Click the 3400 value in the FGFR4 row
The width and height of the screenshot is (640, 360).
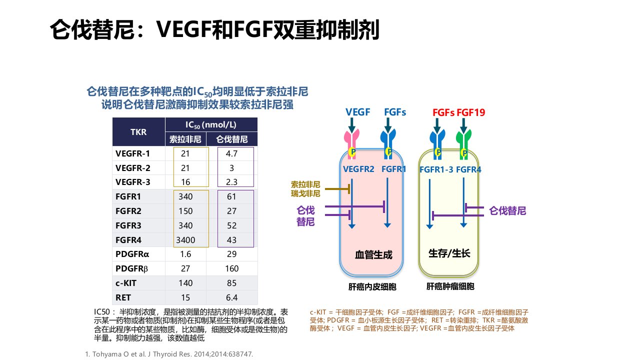(x=185, y=240)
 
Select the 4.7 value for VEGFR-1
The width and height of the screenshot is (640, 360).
(x=231, y=153)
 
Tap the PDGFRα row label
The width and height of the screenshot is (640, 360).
(x=132, y=254)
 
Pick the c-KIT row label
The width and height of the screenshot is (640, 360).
(x=126, y=283)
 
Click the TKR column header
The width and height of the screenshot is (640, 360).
(x=138, y=132)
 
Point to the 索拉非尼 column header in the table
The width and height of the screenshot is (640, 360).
(x=185, y=139)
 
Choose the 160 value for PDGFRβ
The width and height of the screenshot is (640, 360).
(x=231, y=268)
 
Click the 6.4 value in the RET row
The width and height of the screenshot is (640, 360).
(x=231, y=297)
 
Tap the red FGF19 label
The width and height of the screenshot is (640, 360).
(x=471, y=112)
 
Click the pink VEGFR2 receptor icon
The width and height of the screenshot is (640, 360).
(x=351, y=144)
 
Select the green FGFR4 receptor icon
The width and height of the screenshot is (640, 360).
(x=463, y=145)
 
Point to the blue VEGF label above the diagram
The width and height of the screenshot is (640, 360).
(x=357, y=112)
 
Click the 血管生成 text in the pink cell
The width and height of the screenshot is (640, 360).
(x=373, y=255)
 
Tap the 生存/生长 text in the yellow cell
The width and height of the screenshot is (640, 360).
(x=449, y=253)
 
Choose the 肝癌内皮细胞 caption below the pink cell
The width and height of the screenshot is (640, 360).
(x=372, y=287)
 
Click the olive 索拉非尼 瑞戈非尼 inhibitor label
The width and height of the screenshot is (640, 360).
(x=305, y=189)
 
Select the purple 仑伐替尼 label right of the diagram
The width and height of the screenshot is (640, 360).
(x=507, y=211)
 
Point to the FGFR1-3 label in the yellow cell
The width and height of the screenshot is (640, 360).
(x=436, y=169)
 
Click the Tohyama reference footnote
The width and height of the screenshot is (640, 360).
(x=169, y=354)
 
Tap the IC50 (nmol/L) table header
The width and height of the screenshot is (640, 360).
(x=211, y=125)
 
